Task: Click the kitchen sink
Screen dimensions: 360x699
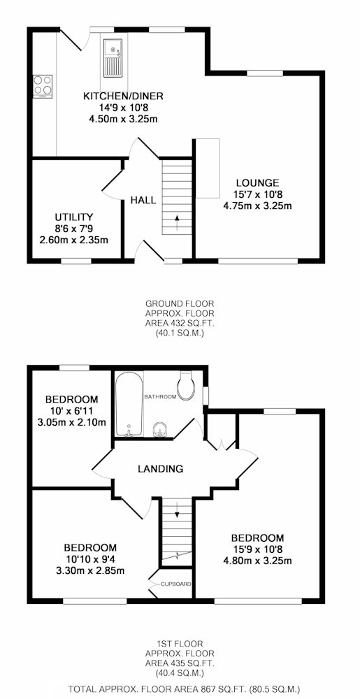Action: pyautogui.click(x=113, y=58)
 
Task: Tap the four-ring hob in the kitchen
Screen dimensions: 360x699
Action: pyautogui.click(x=43, y=86)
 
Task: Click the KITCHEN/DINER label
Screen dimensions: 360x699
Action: pyautogui.click(x=124, y=96)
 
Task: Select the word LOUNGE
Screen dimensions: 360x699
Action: pyautogui.click(x=257, y=182)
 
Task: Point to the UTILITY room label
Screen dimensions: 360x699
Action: pyautogui.click(x=74, y=217)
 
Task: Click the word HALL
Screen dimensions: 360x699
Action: pyautogui.click(x=143, y=200)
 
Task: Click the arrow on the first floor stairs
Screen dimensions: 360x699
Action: pyautogui.click(x=177, y=512)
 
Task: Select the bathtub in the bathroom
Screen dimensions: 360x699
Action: pyautogui.click(x=129, y=403)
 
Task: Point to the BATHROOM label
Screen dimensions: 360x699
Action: pyautogui.click(x=160, y=396)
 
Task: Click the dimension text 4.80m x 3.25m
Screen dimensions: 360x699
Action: pyautogui.click(x=257, y=561)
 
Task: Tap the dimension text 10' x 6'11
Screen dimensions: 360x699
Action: pyautogui.click(x=72, y=410)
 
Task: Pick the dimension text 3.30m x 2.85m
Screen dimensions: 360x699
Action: pyautogui.click(x=90, y=570)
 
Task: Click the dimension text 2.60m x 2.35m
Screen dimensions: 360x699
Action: pyautogui.click(x=74, y=240)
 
